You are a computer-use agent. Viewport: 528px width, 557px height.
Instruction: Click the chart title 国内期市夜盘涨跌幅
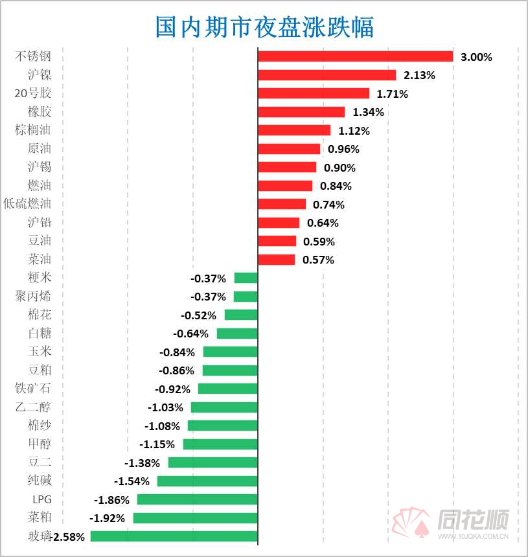264,27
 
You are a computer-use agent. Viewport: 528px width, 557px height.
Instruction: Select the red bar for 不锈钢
355,56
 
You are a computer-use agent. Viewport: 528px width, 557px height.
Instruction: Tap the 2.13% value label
419,75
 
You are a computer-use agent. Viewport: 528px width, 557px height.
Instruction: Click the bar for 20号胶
314,93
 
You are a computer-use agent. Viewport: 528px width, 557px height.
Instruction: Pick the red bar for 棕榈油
294,130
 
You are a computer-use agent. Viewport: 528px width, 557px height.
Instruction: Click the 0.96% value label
343,149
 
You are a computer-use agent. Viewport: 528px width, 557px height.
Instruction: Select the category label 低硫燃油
27,203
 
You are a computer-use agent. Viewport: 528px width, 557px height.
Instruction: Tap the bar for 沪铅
279,223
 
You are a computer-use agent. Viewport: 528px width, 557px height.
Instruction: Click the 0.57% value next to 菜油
318,260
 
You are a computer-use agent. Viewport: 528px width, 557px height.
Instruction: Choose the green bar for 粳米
246,278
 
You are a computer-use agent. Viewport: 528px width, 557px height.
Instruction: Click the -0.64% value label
191,334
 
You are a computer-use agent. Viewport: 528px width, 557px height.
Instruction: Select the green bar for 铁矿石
228,389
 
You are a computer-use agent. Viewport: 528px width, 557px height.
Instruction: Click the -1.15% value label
157,444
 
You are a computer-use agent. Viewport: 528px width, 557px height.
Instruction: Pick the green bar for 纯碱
207,481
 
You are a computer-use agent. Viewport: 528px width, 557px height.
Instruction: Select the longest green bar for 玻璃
174,536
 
